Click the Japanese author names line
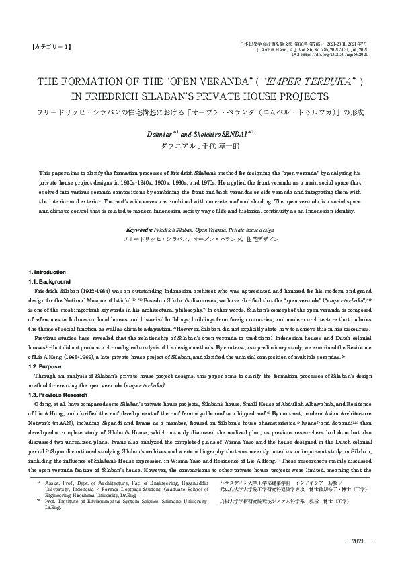[199, 145]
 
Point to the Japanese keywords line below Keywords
[200, 239]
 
